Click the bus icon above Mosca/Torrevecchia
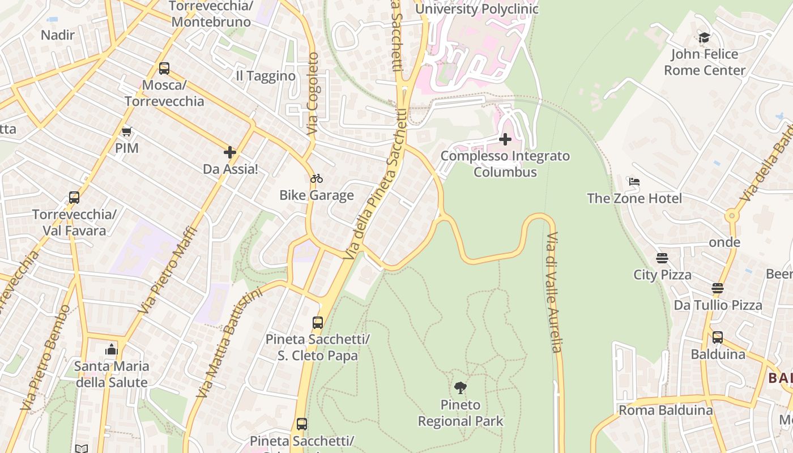[x=164, y=69]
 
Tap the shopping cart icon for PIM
[x=126, y=131]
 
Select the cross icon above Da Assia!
[x=230, y=152]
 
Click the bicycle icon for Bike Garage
[x=317, y=178]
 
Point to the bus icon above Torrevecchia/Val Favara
[x=74, y=198]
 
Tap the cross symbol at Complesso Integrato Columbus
[x=505, y=139]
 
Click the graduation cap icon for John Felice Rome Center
[x=704, y=37]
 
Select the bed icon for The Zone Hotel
[x=634, y=182]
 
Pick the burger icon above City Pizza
[x=662, y=258]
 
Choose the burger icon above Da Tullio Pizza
[x=718, y=288]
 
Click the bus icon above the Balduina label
[x=718, y=337]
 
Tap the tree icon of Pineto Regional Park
[x=461, y=388]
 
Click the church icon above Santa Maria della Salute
[x=112, y=349]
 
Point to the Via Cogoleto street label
[x=313, y=94]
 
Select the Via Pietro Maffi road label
[x=169, y=271]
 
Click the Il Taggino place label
[x=266, y=76]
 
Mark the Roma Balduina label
[x=666, y=410]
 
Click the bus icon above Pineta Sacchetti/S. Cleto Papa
[x=318, y=323]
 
